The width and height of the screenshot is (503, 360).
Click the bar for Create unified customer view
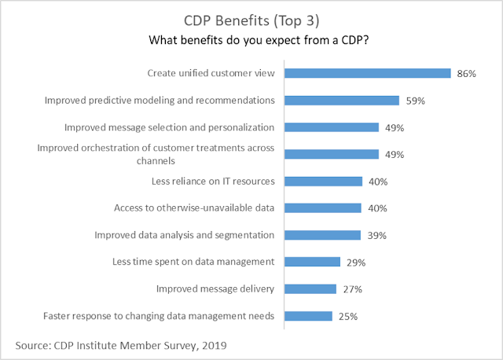point(367,73)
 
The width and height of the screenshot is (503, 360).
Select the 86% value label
point(465,73)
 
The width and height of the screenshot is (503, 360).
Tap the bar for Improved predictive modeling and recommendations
point(342,100)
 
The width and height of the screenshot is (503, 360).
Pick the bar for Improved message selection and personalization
point(332,127)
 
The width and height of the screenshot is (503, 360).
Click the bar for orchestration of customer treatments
point(332,154)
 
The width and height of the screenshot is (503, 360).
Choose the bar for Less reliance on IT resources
point(323,182)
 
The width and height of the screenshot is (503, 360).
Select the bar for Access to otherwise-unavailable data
point(323,208)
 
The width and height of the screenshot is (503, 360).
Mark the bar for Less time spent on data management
point(312,262)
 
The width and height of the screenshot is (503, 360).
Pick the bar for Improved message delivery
point(310,289)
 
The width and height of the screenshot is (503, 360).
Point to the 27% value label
point(351,289)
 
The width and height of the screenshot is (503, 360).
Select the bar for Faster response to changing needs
point(308,316)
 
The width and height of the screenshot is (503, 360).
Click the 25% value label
point(347,317)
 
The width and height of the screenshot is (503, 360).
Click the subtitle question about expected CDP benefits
point(251,39)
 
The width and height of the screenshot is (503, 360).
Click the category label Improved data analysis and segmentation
point(184,235)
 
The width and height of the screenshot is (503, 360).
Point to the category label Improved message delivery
point(215,289)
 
